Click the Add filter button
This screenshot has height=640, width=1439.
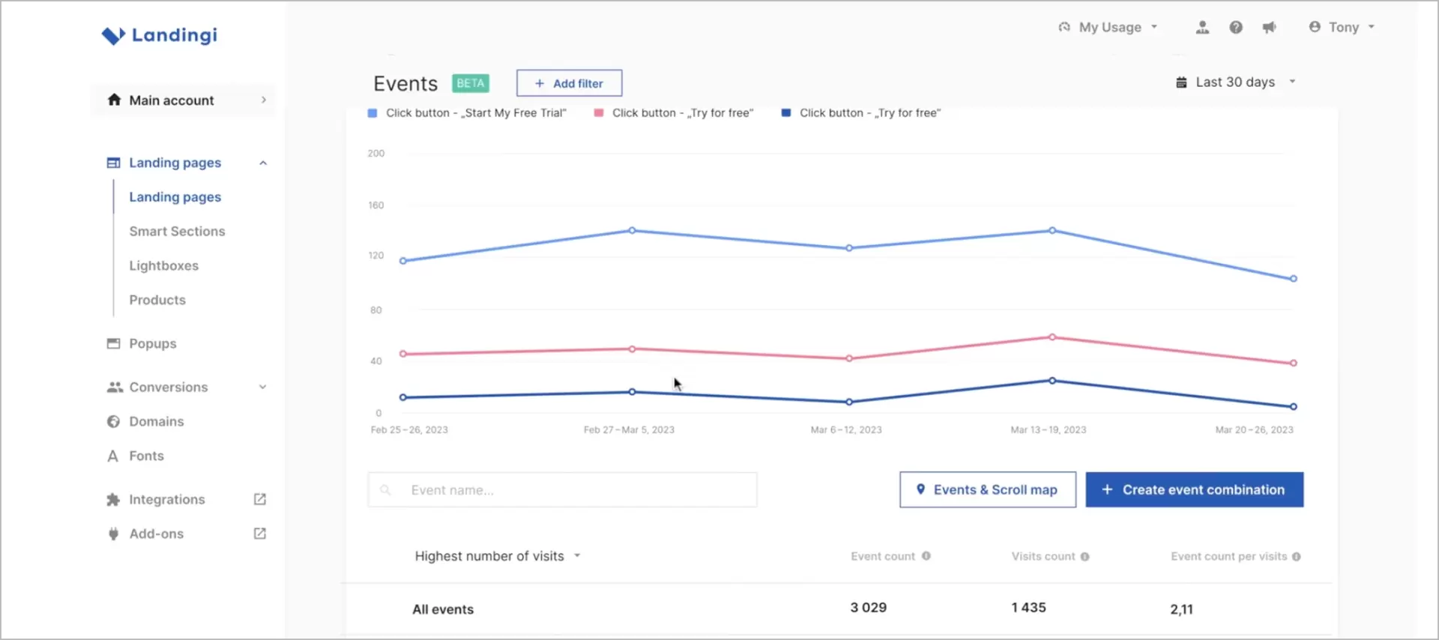click(569, 83)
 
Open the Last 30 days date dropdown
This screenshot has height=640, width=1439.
click(1235, 82)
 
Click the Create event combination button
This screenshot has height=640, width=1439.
click(1194, 490)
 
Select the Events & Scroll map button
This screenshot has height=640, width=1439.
click(987, 490)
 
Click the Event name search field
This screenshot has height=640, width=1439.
click(562, 490)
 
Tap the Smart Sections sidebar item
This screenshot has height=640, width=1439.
click(177, 232)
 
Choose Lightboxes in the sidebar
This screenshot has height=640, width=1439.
click(163, 266)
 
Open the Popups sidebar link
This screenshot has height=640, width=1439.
click(152, 344)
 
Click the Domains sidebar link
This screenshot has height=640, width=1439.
click(156, 422)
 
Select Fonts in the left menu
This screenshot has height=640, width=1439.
click(146, 456)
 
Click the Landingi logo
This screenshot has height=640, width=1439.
click(160, 35)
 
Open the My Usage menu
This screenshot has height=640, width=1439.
click(1108, 28)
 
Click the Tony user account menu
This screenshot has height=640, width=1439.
click(1342, 28)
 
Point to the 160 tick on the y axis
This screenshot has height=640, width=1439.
click(376, 205)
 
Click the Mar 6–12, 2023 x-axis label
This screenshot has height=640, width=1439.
click(846, 430)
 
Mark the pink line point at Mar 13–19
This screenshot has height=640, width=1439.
click(1052, 337)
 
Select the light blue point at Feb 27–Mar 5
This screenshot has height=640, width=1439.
click(632, 231)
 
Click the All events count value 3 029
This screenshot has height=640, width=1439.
click(868, 608)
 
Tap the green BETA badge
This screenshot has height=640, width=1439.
click(471, 83)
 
